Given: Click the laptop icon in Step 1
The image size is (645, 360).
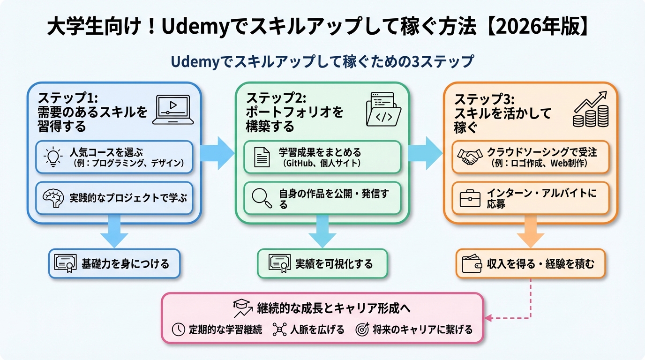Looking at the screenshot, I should click(173, 110).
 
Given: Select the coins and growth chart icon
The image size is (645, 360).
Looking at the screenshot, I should click(591, 109).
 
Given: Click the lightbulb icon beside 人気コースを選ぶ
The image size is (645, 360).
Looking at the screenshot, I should click(52, 157).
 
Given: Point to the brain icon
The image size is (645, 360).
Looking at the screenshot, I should click(52, 198).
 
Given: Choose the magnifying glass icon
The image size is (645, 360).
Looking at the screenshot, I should click(262, 198).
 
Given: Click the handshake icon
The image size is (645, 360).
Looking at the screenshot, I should click(470, 157).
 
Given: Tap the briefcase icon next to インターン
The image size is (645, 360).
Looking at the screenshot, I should click(470, 198).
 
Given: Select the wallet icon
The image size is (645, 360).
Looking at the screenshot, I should click(472, 264).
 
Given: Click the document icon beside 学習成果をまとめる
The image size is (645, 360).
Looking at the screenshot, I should click(262, 157).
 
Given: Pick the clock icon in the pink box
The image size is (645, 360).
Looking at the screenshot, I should click(179, 330).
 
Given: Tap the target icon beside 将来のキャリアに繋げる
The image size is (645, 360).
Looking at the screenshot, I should click(362, 330).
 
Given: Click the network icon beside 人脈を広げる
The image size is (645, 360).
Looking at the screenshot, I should click(279, 330).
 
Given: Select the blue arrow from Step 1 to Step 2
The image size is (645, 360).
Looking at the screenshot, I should click(217, 152).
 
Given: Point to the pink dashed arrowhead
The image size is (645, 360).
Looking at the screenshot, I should click(487, 318).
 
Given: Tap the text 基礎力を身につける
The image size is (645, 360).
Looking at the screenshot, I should click(125, 264).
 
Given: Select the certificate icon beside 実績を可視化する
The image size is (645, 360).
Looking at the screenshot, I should click(279, 264).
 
